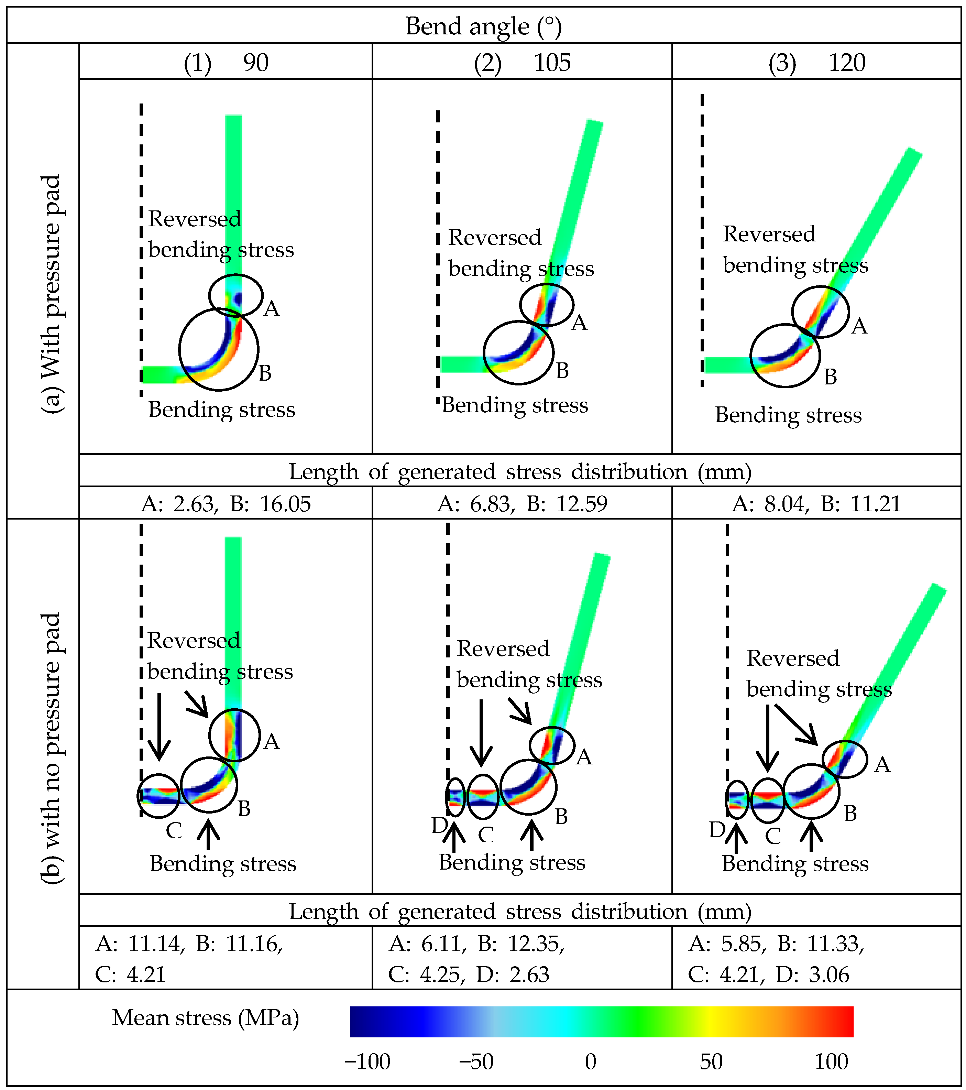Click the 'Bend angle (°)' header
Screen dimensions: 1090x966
(483, 26)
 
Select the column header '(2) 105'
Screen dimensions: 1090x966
(522, 63)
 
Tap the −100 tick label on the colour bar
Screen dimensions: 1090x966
(367, 1062)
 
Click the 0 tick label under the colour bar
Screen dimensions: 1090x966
(590, 1062)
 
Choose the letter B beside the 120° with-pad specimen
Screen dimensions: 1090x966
(830, 377)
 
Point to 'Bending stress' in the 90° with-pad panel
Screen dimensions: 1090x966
(222, 410)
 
